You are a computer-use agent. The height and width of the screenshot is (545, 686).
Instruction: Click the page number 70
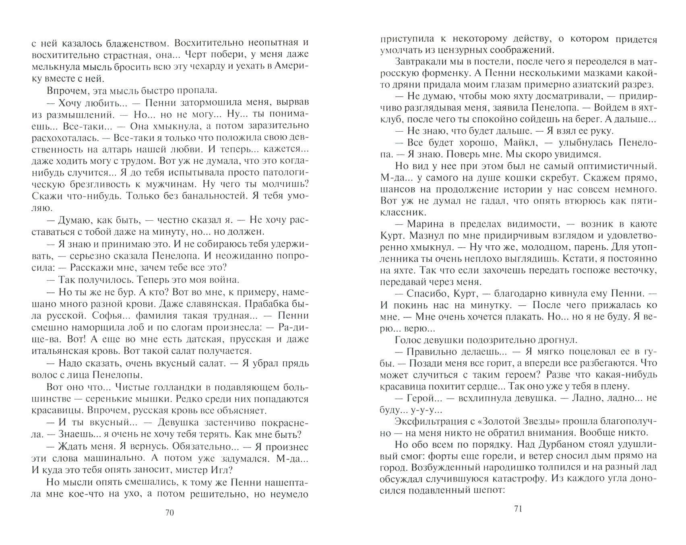[x=169, y=513]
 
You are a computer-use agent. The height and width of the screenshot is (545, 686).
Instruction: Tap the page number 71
[x=518, y=509]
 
